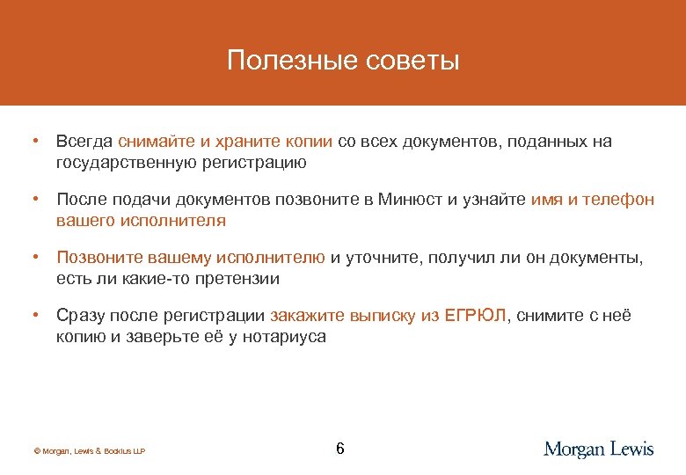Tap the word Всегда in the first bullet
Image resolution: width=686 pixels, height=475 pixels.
[x=84, y=142]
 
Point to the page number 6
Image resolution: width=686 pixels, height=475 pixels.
[x=340, y=449]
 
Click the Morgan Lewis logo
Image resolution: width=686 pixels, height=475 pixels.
[x=599, y=449]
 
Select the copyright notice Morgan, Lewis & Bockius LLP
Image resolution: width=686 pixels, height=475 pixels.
[x=89, y=451]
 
